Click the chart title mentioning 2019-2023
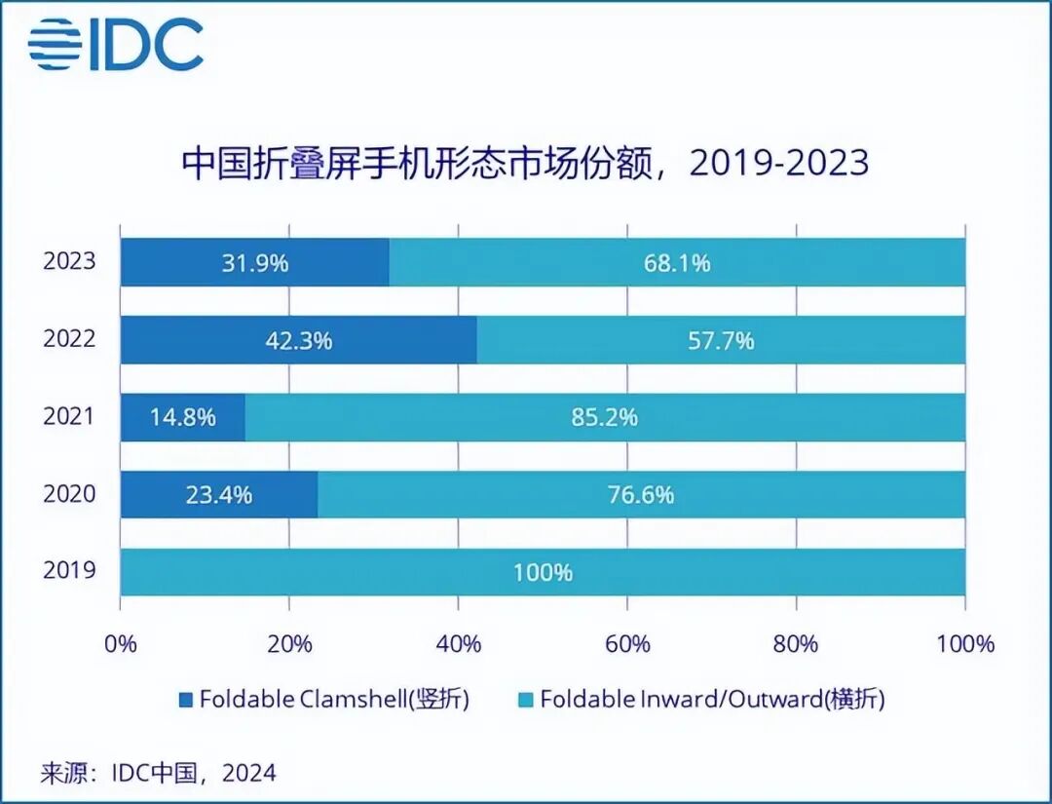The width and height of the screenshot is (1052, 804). pos(525,162)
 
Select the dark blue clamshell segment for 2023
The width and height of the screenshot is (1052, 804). pos(254,263)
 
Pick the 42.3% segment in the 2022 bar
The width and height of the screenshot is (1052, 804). pos(298,340)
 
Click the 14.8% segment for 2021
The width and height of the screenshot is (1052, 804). pos(183,417)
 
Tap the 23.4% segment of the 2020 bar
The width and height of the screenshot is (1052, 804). pos(219,494)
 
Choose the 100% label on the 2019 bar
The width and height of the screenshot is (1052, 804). pos(543,572)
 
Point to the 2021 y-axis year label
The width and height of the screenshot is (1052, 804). pos(69,417)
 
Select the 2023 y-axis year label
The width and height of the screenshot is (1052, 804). pos(69,262)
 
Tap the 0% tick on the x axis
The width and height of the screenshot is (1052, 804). pos(121,644)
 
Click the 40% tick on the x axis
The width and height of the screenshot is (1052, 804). pos(459,644)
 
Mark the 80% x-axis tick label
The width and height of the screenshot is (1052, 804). pos(797,644)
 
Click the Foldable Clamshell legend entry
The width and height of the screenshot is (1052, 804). pos(323,700)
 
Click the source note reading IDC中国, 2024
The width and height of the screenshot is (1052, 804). pos(158,774)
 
